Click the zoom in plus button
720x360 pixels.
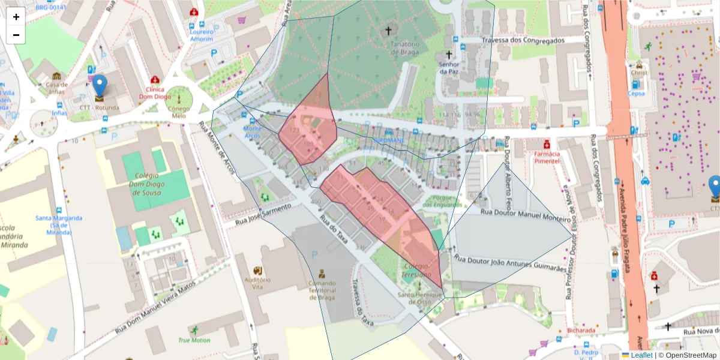pos(16,17)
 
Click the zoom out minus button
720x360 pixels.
pos(16,35)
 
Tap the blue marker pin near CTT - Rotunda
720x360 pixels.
pos(100,87)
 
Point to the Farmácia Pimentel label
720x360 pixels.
pos(547,157)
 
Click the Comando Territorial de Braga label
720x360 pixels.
pos(322,290)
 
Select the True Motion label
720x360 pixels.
pos(194,340)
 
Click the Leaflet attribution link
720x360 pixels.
pos(641,355)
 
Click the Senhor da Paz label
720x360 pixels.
pos(449,68)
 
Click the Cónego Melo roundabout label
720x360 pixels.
pos(179,112)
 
